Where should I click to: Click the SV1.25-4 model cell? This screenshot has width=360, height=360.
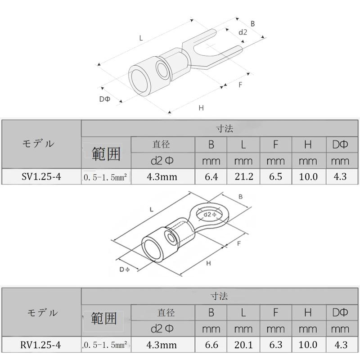[41, 176]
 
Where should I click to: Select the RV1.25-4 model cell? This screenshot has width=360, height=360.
[40, 345]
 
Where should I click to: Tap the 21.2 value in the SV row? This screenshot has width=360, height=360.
[244, 176]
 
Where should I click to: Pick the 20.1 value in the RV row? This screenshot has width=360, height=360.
[243, 345]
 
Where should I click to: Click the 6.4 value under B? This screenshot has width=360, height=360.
[211, 176]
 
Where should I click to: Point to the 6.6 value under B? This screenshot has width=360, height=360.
[211, 345]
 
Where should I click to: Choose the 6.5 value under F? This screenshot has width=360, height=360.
[275, 176]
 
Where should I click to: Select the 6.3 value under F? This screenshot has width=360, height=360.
[275, 345]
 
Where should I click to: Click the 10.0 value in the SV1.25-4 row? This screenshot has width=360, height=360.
[308, 176]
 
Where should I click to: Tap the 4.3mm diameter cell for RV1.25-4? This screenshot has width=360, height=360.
[162, 345]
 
